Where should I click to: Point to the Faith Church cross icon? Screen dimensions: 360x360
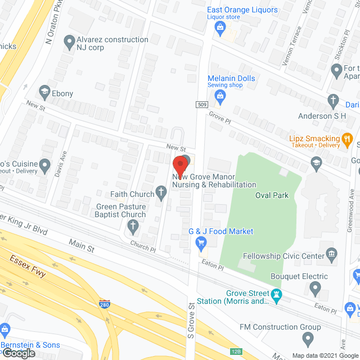[x=162, y=195]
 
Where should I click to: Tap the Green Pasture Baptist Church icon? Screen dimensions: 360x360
[x=133, y=227]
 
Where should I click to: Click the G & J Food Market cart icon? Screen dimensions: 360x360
[x=200, y=243]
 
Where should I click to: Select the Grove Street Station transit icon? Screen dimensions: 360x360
[x=276, y=294]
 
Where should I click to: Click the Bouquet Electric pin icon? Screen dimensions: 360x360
[x=316, y=289]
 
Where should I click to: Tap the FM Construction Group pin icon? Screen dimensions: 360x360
[x=308, y=339]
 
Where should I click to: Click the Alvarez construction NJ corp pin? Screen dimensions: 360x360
[x=69, y=40]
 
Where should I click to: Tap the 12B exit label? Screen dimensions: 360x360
[x=236, y=352]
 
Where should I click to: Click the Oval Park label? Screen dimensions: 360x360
[x=272, y=195]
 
